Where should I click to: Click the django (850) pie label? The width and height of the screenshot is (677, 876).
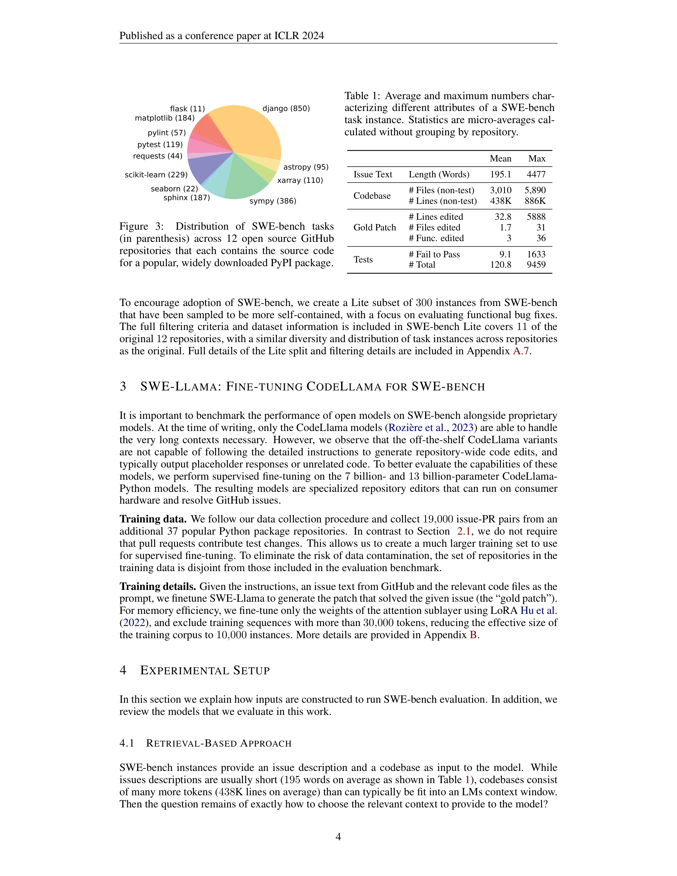[x=286, y=108]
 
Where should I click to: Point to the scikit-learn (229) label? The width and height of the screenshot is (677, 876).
[x=156, y=174]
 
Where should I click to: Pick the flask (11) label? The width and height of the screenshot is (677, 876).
[x=187, y=109]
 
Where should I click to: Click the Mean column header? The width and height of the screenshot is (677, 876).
[x=500, y=159]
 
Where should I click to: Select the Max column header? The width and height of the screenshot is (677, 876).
[x=537, y=159]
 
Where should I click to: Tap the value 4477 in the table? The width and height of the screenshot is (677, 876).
[x=536, y=174]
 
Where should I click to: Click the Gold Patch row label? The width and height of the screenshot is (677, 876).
[x=374, y=227]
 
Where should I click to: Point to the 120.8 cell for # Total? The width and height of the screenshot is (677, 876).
[x=500, y=265]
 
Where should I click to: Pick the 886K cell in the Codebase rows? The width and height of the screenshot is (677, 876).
[x=535, y=201]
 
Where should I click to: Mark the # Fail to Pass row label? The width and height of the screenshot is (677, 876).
[x=434, y=254]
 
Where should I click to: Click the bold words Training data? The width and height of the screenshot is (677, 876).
[x=153, y=519]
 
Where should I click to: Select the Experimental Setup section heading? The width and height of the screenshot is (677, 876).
[x=205, y=670]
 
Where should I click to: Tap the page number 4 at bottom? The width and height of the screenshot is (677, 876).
[x=338, y=836]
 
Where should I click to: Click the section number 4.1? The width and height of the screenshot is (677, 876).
[x=127, y=743]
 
